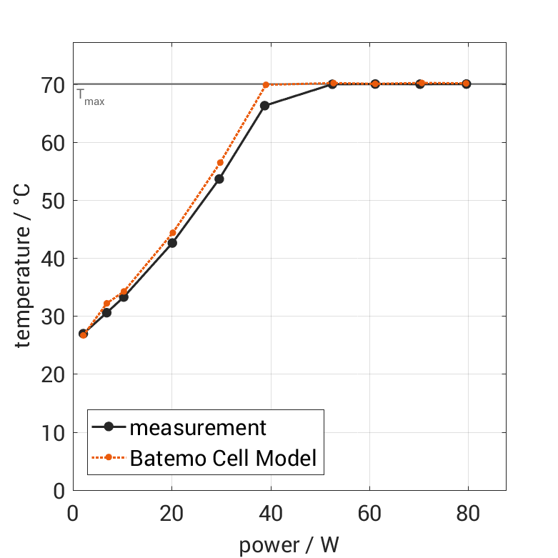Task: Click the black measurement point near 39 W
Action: click(264, 106)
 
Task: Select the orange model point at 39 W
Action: click(266, 84)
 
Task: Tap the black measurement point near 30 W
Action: click(219, 179)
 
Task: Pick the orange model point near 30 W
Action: click(220, 163)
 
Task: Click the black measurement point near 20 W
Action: click(172, 243)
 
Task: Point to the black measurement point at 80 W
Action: click(466, 84)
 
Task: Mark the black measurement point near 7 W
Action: click(106, 312)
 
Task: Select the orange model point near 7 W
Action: click(107, 304)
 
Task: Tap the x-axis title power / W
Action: click(289, 544)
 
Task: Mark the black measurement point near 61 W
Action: click(375, 84)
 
